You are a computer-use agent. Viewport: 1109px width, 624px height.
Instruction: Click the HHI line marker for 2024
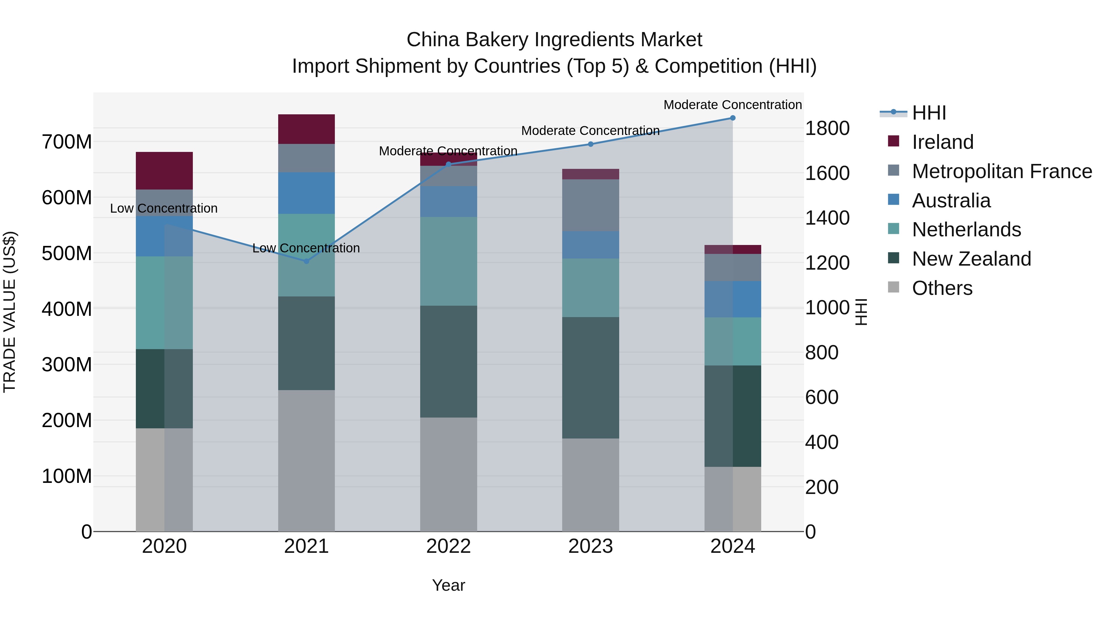click(733, 118)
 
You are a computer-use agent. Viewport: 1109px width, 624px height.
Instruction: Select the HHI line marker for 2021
click(307, 261)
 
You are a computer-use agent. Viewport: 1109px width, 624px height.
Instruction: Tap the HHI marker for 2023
click(591, 144)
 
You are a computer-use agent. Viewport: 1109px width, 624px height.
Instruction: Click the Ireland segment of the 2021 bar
click(307, 129)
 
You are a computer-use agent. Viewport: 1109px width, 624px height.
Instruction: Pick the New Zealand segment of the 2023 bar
click(591, 378)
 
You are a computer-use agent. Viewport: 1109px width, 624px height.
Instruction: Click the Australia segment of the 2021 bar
click(307, 193)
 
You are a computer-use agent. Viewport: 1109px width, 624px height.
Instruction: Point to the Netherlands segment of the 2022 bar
click(449, 261)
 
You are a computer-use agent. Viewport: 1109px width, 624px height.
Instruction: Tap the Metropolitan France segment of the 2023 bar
click(591, 206)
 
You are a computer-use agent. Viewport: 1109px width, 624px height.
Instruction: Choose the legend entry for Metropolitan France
click(1002, 171)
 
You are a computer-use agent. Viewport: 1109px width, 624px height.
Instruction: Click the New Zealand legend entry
click(971, 259)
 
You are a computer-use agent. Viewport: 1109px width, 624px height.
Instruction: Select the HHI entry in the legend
click(928, 113)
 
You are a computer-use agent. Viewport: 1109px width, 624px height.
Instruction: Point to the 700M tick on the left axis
click(67, 142)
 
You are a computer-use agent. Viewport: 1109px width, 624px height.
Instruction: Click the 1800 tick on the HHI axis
click(827, 128)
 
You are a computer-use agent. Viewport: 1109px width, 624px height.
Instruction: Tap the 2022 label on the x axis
click(449, 546)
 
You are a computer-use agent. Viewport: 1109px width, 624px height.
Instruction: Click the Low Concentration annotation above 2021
click(306, 248)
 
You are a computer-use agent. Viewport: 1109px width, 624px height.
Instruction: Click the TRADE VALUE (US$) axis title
click(10, 312)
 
